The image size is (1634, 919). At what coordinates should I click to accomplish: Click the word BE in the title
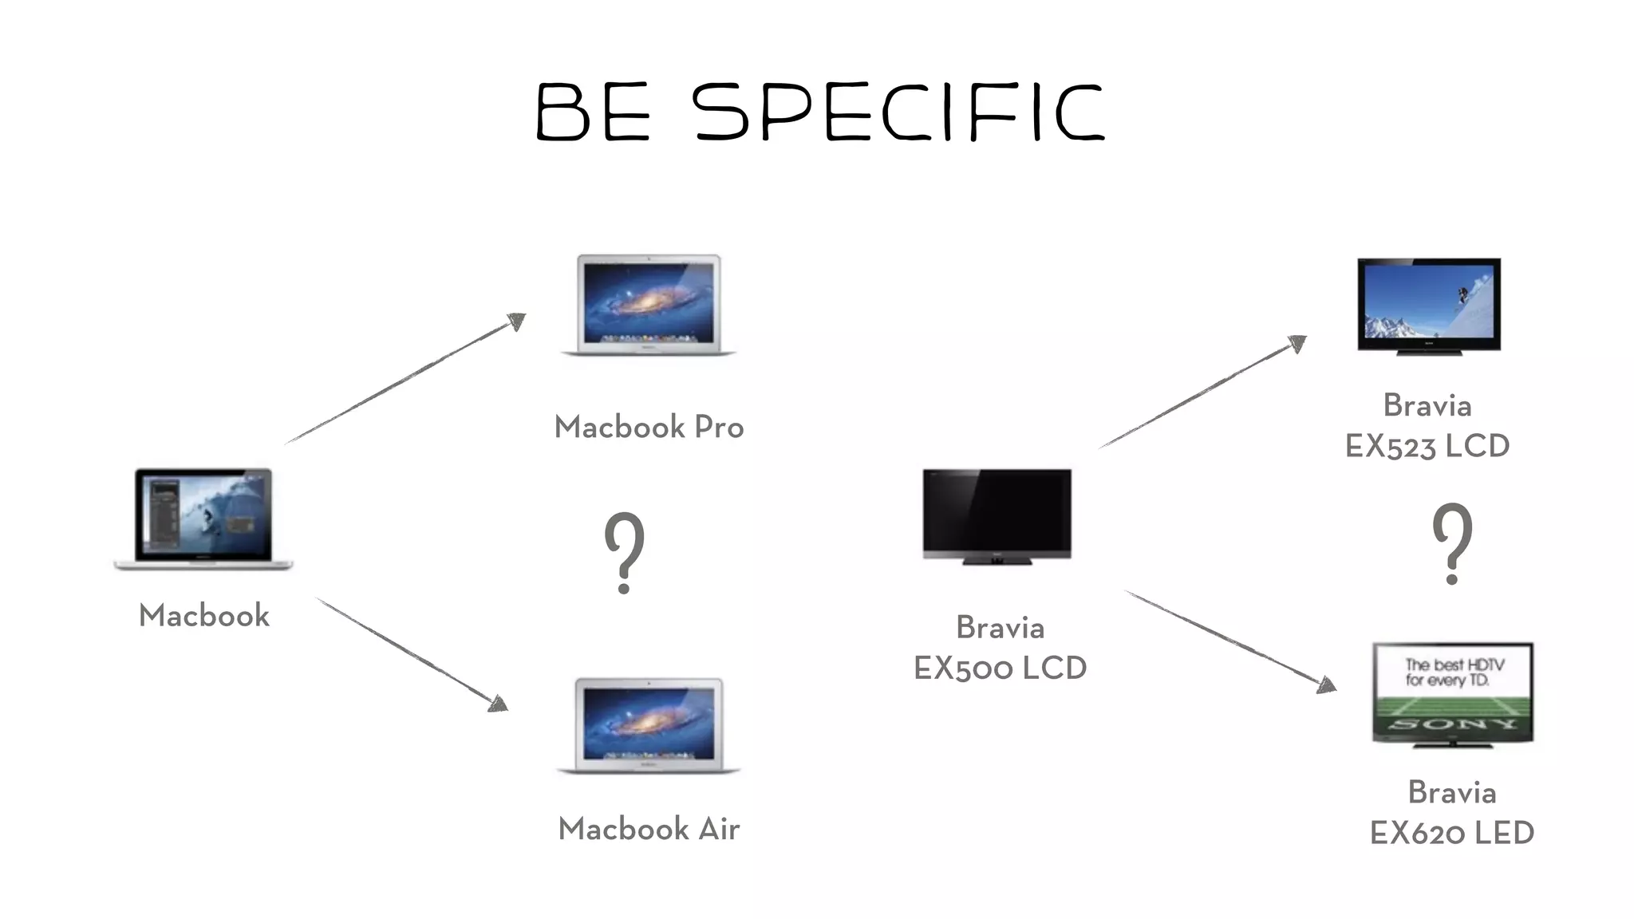tap(593, 113)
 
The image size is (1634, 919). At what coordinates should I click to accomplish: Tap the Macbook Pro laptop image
tap(649, 305)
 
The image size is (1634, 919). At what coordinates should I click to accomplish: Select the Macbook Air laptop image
tap(649, 726)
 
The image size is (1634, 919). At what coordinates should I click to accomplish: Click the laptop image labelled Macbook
tap(204, 519)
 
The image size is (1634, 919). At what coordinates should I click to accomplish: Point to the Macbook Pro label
tap(649, 428)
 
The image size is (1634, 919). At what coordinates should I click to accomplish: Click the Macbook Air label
tap(649, 830)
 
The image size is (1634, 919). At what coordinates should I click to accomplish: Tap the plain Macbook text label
tap(204, 616)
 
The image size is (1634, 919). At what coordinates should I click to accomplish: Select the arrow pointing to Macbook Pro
tap(405, 379)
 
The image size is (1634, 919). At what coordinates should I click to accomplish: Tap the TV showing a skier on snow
tap(1429, 305)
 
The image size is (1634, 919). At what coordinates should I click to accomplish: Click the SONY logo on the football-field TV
tap(1452, 724)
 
